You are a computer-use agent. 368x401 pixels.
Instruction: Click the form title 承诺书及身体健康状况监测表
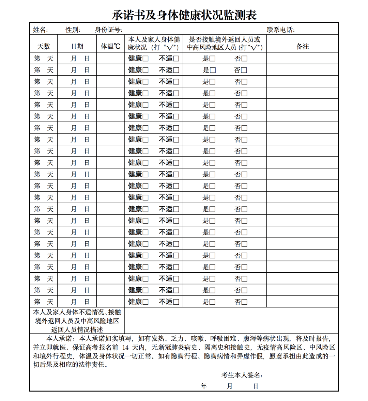click(x=184, y=15)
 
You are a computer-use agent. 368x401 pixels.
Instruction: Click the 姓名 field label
click(x=40, y=30)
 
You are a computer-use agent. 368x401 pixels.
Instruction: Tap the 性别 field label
click(x=73, y=30)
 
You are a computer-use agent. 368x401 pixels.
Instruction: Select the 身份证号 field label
click(x=109, y=30)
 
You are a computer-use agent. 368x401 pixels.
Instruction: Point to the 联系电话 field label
click(x=280, y=30)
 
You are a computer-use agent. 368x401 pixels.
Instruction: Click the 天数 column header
click(x=44, y=47)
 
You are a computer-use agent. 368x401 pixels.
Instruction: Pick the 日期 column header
click(x=77, y=47)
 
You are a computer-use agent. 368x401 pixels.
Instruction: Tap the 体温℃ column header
click(x=110, y=47)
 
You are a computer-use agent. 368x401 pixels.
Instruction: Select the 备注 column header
click(x=302, y=47)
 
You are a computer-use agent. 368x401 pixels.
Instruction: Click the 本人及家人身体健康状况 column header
click(x=154, y=44)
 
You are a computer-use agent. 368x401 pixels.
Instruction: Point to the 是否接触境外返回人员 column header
click(x=225, y=44)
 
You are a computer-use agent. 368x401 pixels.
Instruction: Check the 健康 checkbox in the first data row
click(x=145, y=59)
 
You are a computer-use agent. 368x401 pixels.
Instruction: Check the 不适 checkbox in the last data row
click(x=176, y=302)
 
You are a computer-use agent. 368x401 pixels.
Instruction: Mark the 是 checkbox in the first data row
click(x=212, y=59)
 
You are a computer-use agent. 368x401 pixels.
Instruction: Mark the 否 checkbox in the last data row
click(x=244, y=302)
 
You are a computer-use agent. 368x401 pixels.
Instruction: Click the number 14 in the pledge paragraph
click(x=125, y=348)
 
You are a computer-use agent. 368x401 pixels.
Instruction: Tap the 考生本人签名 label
click(x=241, y=375)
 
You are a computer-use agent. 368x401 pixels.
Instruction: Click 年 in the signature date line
click(x=204, y=386)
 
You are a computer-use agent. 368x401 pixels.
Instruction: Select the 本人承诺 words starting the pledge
click(x=59, y=339)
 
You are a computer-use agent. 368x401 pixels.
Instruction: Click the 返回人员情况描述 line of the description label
click(x=77, y=330)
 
